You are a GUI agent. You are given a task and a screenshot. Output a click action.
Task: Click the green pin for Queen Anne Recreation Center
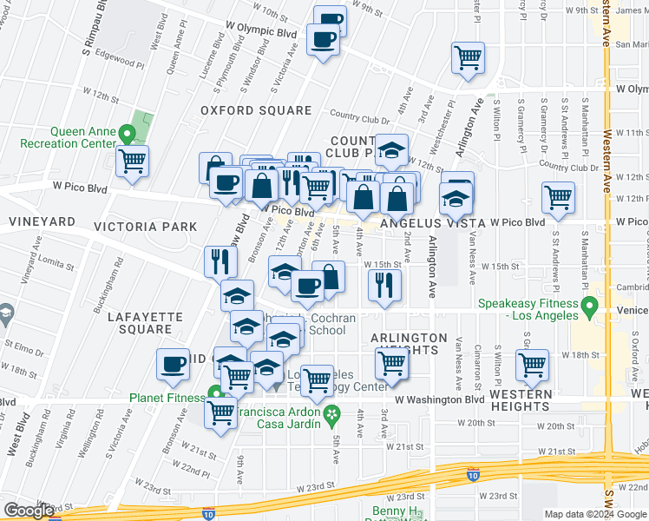(128, 135)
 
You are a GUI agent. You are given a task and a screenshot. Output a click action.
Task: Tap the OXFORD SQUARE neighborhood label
(256, 110)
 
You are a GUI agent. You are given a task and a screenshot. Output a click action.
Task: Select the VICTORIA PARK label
(150, 227)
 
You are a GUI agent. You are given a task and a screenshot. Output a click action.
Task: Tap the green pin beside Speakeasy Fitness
(590, 306)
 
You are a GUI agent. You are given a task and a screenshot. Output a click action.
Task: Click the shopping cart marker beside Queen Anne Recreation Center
(133, 160)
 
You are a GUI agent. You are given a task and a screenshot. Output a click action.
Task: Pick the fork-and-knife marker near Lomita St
(221, 260)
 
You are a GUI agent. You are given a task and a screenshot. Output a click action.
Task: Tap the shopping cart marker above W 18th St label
(532, 364)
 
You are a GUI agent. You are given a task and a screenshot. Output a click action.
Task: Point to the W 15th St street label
(503, 266)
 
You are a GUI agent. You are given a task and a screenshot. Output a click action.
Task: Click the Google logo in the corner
(29, 511)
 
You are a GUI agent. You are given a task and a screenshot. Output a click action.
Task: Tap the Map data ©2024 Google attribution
(595, 514)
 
